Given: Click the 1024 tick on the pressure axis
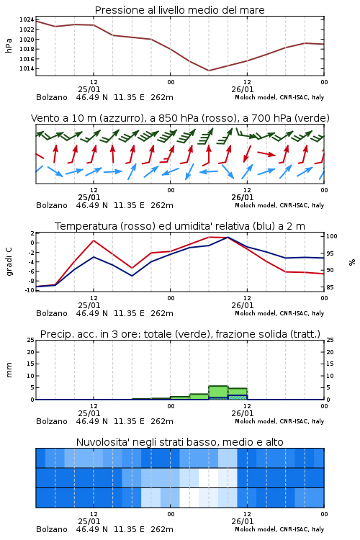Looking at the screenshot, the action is point(27,19).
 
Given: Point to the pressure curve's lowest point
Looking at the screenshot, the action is point(208,71).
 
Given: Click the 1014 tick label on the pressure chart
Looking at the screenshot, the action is point(27,68).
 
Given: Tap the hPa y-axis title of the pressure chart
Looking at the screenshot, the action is point(9,45).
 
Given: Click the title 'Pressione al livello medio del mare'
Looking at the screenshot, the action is point(180,10).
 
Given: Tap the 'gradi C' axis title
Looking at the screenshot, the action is point(9,262).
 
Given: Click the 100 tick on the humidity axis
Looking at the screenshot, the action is point(332,236).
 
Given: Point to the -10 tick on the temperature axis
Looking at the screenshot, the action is point(30,290).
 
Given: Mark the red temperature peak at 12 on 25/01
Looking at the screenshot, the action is point(94,240).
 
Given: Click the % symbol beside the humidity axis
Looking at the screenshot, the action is point(352,262).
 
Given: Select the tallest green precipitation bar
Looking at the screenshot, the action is point(218,392).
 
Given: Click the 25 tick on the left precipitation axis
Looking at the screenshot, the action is point(31,340).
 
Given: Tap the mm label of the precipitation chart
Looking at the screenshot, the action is point(9,370).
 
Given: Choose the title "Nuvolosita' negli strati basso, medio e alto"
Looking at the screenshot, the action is point(179,442).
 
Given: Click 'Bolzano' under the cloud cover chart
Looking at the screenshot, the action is point(52,529).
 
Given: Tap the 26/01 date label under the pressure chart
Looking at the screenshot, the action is point(243,89).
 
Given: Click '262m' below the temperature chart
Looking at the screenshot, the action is point(162,313).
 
